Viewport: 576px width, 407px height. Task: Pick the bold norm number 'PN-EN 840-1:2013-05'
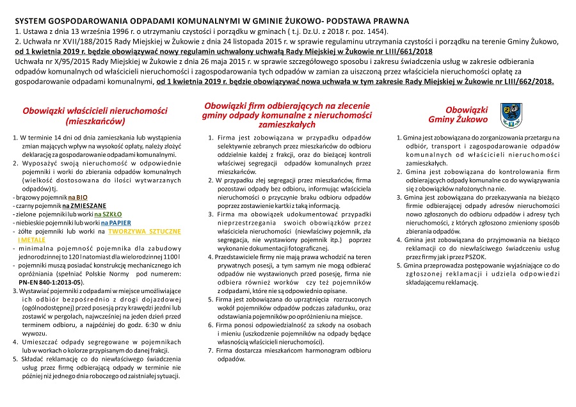tap(51, 282)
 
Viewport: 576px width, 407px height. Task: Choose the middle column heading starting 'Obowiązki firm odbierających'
tap(287, 115)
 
